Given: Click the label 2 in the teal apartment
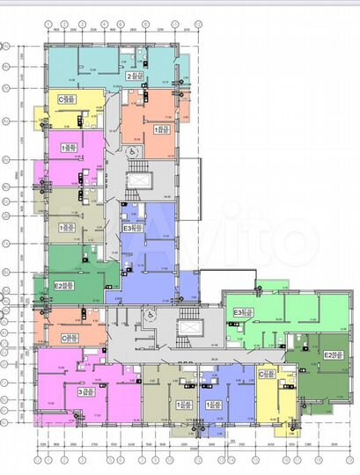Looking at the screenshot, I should pos(129,77).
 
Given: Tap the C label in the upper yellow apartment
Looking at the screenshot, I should pos(61,102).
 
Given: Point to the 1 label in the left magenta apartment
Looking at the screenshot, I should pos(63,146).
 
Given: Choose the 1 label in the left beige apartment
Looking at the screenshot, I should pos(62,228).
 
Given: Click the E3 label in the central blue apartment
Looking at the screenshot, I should pos(128,229).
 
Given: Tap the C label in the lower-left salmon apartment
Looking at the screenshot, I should pos(63,337).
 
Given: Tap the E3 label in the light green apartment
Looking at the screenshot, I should pos(238,312).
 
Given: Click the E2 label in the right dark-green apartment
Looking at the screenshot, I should pos(327,354).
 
